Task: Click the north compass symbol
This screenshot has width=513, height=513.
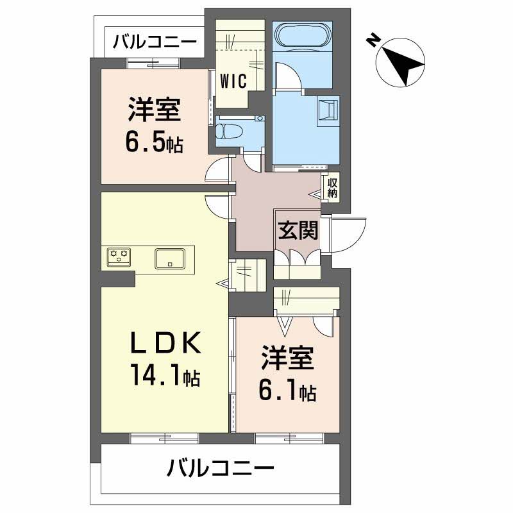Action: (399, 60)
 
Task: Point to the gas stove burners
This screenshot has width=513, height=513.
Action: (119, 256)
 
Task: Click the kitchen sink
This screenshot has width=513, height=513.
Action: (170, 258)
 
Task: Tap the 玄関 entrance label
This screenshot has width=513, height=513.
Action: (298, 230)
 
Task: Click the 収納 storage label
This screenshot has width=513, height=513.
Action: (332, 187)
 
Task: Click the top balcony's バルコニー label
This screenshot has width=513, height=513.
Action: (154, 43)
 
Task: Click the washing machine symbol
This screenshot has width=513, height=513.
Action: (327, 109)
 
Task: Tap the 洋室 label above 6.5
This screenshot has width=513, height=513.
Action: (153, 110)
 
